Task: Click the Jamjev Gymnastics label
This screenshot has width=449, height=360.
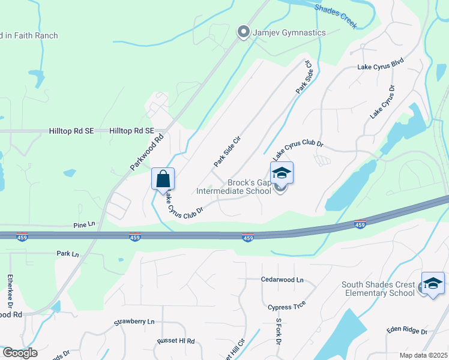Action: [x=288, y=32]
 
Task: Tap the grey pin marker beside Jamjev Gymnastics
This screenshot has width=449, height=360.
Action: [x=243, y=31]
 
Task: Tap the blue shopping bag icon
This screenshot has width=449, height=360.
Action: [x=163, y=179]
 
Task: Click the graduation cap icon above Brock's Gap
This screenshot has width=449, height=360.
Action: [x=282, y=173]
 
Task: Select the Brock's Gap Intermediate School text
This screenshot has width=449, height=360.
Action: [x=234, y=187]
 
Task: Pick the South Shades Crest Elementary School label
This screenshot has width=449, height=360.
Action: [x=378, y=289]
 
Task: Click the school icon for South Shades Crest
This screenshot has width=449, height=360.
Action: [x=433, y=284]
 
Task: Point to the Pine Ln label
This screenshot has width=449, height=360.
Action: [x=84, y=224]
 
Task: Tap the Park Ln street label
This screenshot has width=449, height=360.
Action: [x=68, y=254]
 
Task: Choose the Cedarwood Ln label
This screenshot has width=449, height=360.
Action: [x=283, y=280]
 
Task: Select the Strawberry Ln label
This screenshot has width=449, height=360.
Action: [x=134, y=322]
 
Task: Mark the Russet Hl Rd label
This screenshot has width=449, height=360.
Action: [x=176, y=341]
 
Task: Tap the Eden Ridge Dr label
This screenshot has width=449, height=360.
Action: [x=407, y=331]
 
